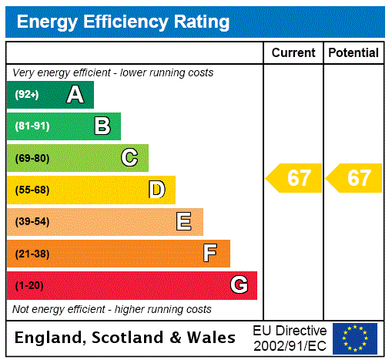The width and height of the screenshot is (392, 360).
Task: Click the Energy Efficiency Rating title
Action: point(123,22)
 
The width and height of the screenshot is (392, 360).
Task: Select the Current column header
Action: point(293,53)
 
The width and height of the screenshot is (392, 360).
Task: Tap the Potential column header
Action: point(353,53)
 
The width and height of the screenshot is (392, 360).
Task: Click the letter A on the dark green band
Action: point(75,95)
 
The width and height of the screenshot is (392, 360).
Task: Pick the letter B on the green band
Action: point(102,126)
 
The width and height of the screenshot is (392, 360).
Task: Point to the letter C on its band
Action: point(129,158)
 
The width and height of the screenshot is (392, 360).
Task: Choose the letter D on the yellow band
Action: point(156,190)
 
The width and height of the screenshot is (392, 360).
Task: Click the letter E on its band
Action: point(184,222)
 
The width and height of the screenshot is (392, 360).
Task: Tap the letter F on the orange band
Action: point(210,254)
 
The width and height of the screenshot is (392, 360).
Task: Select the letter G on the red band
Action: point(239,285)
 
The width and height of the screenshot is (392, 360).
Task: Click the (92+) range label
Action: point(27,96)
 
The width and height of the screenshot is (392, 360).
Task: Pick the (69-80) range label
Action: point(32,159)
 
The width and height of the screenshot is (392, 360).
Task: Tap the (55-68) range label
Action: point(32,190)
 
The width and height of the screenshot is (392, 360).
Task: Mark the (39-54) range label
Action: point(32,222)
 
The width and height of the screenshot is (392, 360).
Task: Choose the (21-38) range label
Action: point(32,254)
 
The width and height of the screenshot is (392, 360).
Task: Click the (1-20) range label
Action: point(29,286)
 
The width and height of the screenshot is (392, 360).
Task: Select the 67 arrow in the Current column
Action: point(294,178)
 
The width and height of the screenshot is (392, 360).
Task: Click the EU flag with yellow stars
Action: point(355,338)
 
